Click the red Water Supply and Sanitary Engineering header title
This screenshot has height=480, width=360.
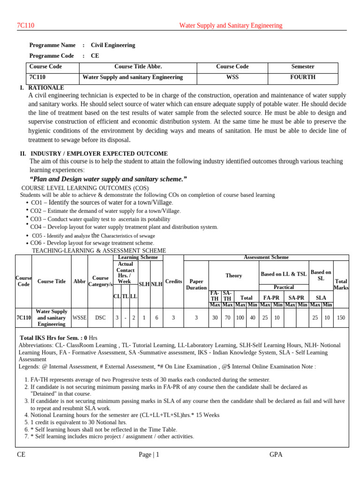point(231,25)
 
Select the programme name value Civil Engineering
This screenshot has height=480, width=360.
point(112,45)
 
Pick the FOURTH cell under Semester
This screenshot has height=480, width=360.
point(302,77)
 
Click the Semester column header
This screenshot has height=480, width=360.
point(302,67)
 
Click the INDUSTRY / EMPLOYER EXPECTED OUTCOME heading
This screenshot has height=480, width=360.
point(99,154)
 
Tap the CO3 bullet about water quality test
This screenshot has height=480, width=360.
point(100,219)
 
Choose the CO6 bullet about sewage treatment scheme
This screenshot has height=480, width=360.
point(92,243)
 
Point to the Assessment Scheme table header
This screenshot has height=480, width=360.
point(266,257)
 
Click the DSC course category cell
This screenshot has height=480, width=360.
point(100,317)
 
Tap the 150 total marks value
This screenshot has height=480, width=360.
point(341,317)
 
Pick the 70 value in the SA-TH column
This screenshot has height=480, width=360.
point(227,317)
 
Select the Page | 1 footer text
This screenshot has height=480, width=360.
point(149,454)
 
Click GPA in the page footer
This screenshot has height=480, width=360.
point(276,454)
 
